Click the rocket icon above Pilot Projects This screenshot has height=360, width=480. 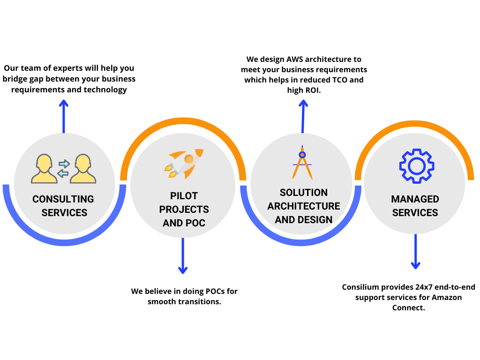pos(183,164)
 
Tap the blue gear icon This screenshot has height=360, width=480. pos(415,165)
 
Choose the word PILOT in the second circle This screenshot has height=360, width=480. pos(184,195)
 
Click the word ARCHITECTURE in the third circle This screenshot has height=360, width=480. pos(303,206)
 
